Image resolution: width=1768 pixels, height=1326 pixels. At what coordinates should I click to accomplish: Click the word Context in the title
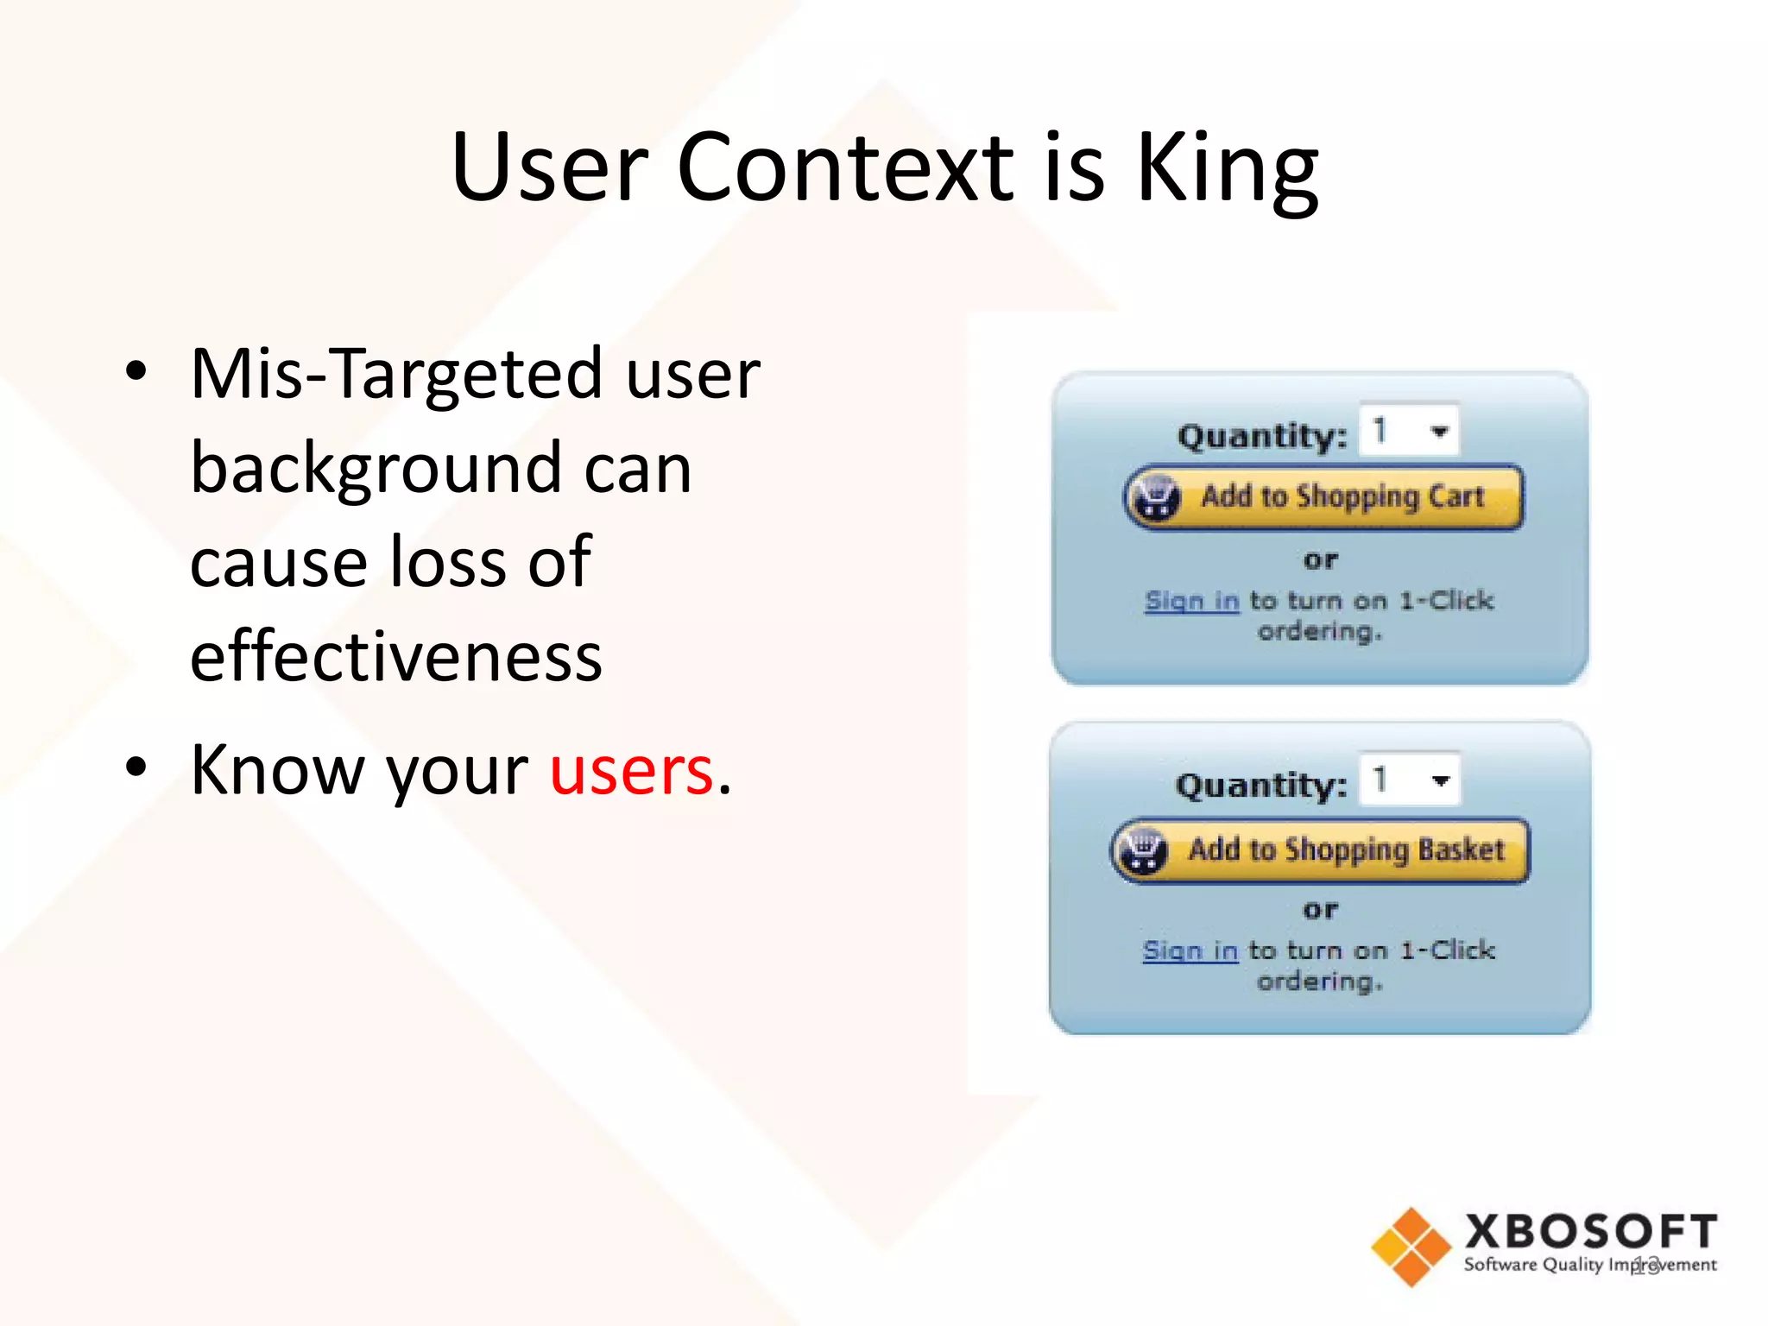pyautogui.click(x=846, y=168)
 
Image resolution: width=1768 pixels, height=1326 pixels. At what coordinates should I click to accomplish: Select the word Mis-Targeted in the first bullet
pyautogui.click(x=396, y=375)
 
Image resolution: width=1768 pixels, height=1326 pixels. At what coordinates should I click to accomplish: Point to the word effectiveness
pyautogui.click(x=396, y=658)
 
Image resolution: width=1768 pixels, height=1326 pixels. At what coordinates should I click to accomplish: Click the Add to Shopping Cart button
pyautogui.click(x=1323, y=497)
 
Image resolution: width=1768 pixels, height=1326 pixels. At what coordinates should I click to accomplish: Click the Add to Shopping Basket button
pyautogui.click(x=1320, y=850)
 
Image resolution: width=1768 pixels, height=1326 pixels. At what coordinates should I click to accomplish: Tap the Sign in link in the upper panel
pyautogui.click(x=1191, y=600)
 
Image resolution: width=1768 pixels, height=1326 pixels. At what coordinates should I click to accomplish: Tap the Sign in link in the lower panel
pyautogui.click(x=1190, y=950)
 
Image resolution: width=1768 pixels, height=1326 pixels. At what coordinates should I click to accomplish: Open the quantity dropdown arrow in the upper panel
pyautogui.click(x=1438, y=431)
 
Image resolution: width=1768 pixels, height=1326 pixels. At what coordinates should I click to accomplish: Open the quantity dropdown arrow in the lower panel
pyautogui.click(x=1439, y=780)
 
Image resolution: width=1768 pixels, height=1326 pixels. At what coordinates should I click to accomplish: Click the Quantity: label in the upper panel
pyautogui.click(x=1261, y=436)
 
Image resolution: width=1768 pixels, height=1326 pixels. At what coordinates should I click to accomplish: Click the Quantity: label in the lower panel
pyautogui.click(x=1260, y=786)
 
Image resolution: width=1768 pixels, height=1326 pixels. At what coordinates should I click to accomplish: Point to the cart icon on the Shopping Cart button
pyautogui.click(x=1157, y=497)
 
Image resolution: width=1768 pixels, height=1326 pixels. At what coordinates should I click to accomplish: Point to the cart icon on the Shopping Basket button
pyautogui.click(x=1144, y=850)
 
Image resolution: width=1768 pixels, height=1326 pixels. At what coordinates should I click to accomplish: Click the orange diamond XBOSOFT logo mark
pyautogui.click(x=1411, y=1247)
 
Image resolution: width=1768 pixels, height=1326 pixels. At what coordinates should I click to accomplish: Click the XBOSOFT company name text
pyautogui.click(x=1590, y=1232)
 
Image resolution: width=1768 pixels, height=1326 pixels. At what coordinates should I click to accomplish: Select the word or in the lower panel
pyautogui.click(x=1320, y=910)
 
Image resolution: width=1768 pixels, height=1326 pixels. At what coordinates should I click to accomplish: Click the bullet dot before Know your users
pyautogui.click(x=136, y=767)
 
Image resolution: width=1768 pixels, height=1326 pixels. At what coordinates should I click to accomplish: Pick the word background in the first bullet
pyautogui.click(x=440, y=469)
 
